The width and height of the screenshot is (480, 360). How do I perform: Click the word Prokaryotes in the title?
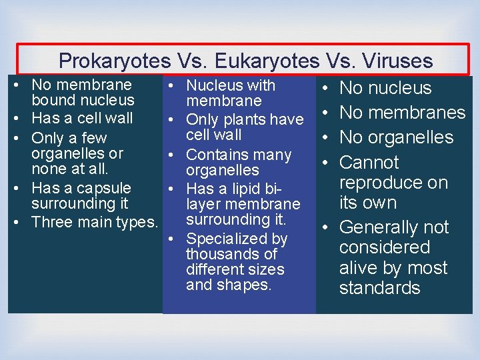coord(115,61)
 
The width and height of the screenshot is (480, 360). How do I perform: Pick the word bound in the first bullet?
coord(53,101)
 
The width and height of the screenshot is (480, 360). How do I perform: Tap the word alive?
coord(359,268)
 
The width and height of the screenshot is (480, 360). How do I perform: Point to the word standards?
coord(379,288)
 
